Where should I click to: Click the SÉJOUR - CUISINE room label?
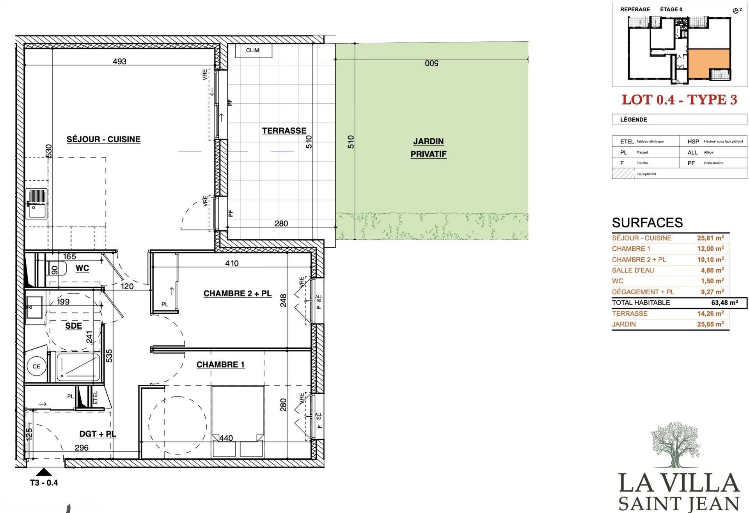coord(103,139)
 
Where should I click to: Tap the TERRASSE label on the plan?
coord(284,131)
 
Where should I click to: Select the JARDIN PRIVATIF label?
coord(428,148)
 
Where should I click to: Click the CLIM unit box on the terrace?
coord(252,51)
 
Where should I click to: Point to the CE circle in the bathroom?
coord(36,366)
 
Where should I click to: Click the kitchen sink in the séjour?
coord(37,204)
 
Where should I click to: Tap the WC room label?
coord(82,268)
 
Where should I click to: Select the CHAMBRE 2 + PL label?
coord(238,294)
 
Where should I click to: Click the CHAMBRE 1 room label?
coord(220,364)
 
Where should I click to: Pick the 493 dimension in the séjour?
coord(119,62)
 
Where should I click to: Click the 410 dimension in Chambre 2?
coord(232,264)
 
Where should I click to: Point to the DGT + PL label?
coord(98,434)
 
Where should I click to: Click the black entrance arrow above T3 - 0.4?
coord(44,472)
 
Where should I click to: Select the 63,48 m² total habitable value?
coord(724,302)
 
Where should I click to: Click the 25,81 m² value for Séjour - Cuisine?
coord(710,238)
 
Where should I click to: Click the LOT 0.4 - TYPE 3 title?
coord(679,100)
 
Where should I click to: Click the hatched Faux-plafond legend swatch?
coord(623,173)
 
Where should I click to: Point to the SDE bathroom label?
coord(73,326)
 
